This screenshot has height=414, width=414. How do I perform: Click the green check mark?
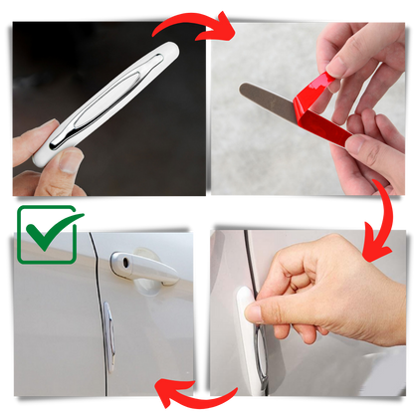point(46,236)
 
